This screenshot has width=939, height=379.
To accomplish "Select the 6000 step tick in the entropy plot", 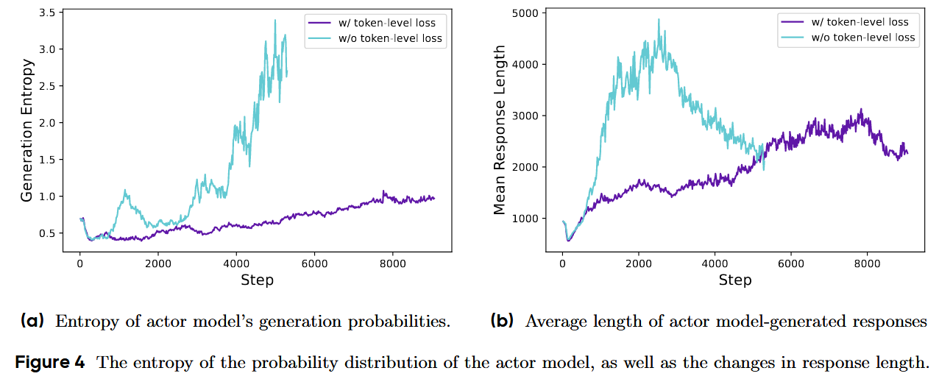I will tap(313, 261).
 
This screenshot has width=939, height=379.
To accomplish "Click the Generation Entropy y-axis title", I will tap(27, 131).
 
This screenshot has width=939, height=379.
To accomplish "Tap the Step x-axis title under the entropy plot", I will tap(257, 280).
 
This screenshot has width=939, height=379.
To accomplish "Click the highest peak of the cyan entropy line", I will tap(274, 20).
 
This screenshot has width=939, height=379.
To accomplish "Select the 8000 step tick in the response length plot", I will tap(867, 261).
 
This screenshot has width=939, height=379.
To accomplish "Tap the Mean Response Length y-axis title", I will tap(500, 131).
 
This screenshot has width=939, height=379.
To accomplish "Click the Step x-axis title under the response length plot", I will tap(735, 280).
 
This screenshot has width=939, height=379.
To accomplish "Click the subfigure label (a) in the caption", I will tap(33, 321).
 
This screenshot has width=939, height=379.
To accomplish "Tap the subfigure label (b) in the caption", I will tap(503, 321).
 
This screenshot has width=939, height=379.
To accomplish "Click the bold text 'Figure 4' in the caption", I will tap(50, 362).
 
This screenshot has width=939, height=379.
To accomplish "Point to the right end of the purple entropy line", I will tap(434, 198).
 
